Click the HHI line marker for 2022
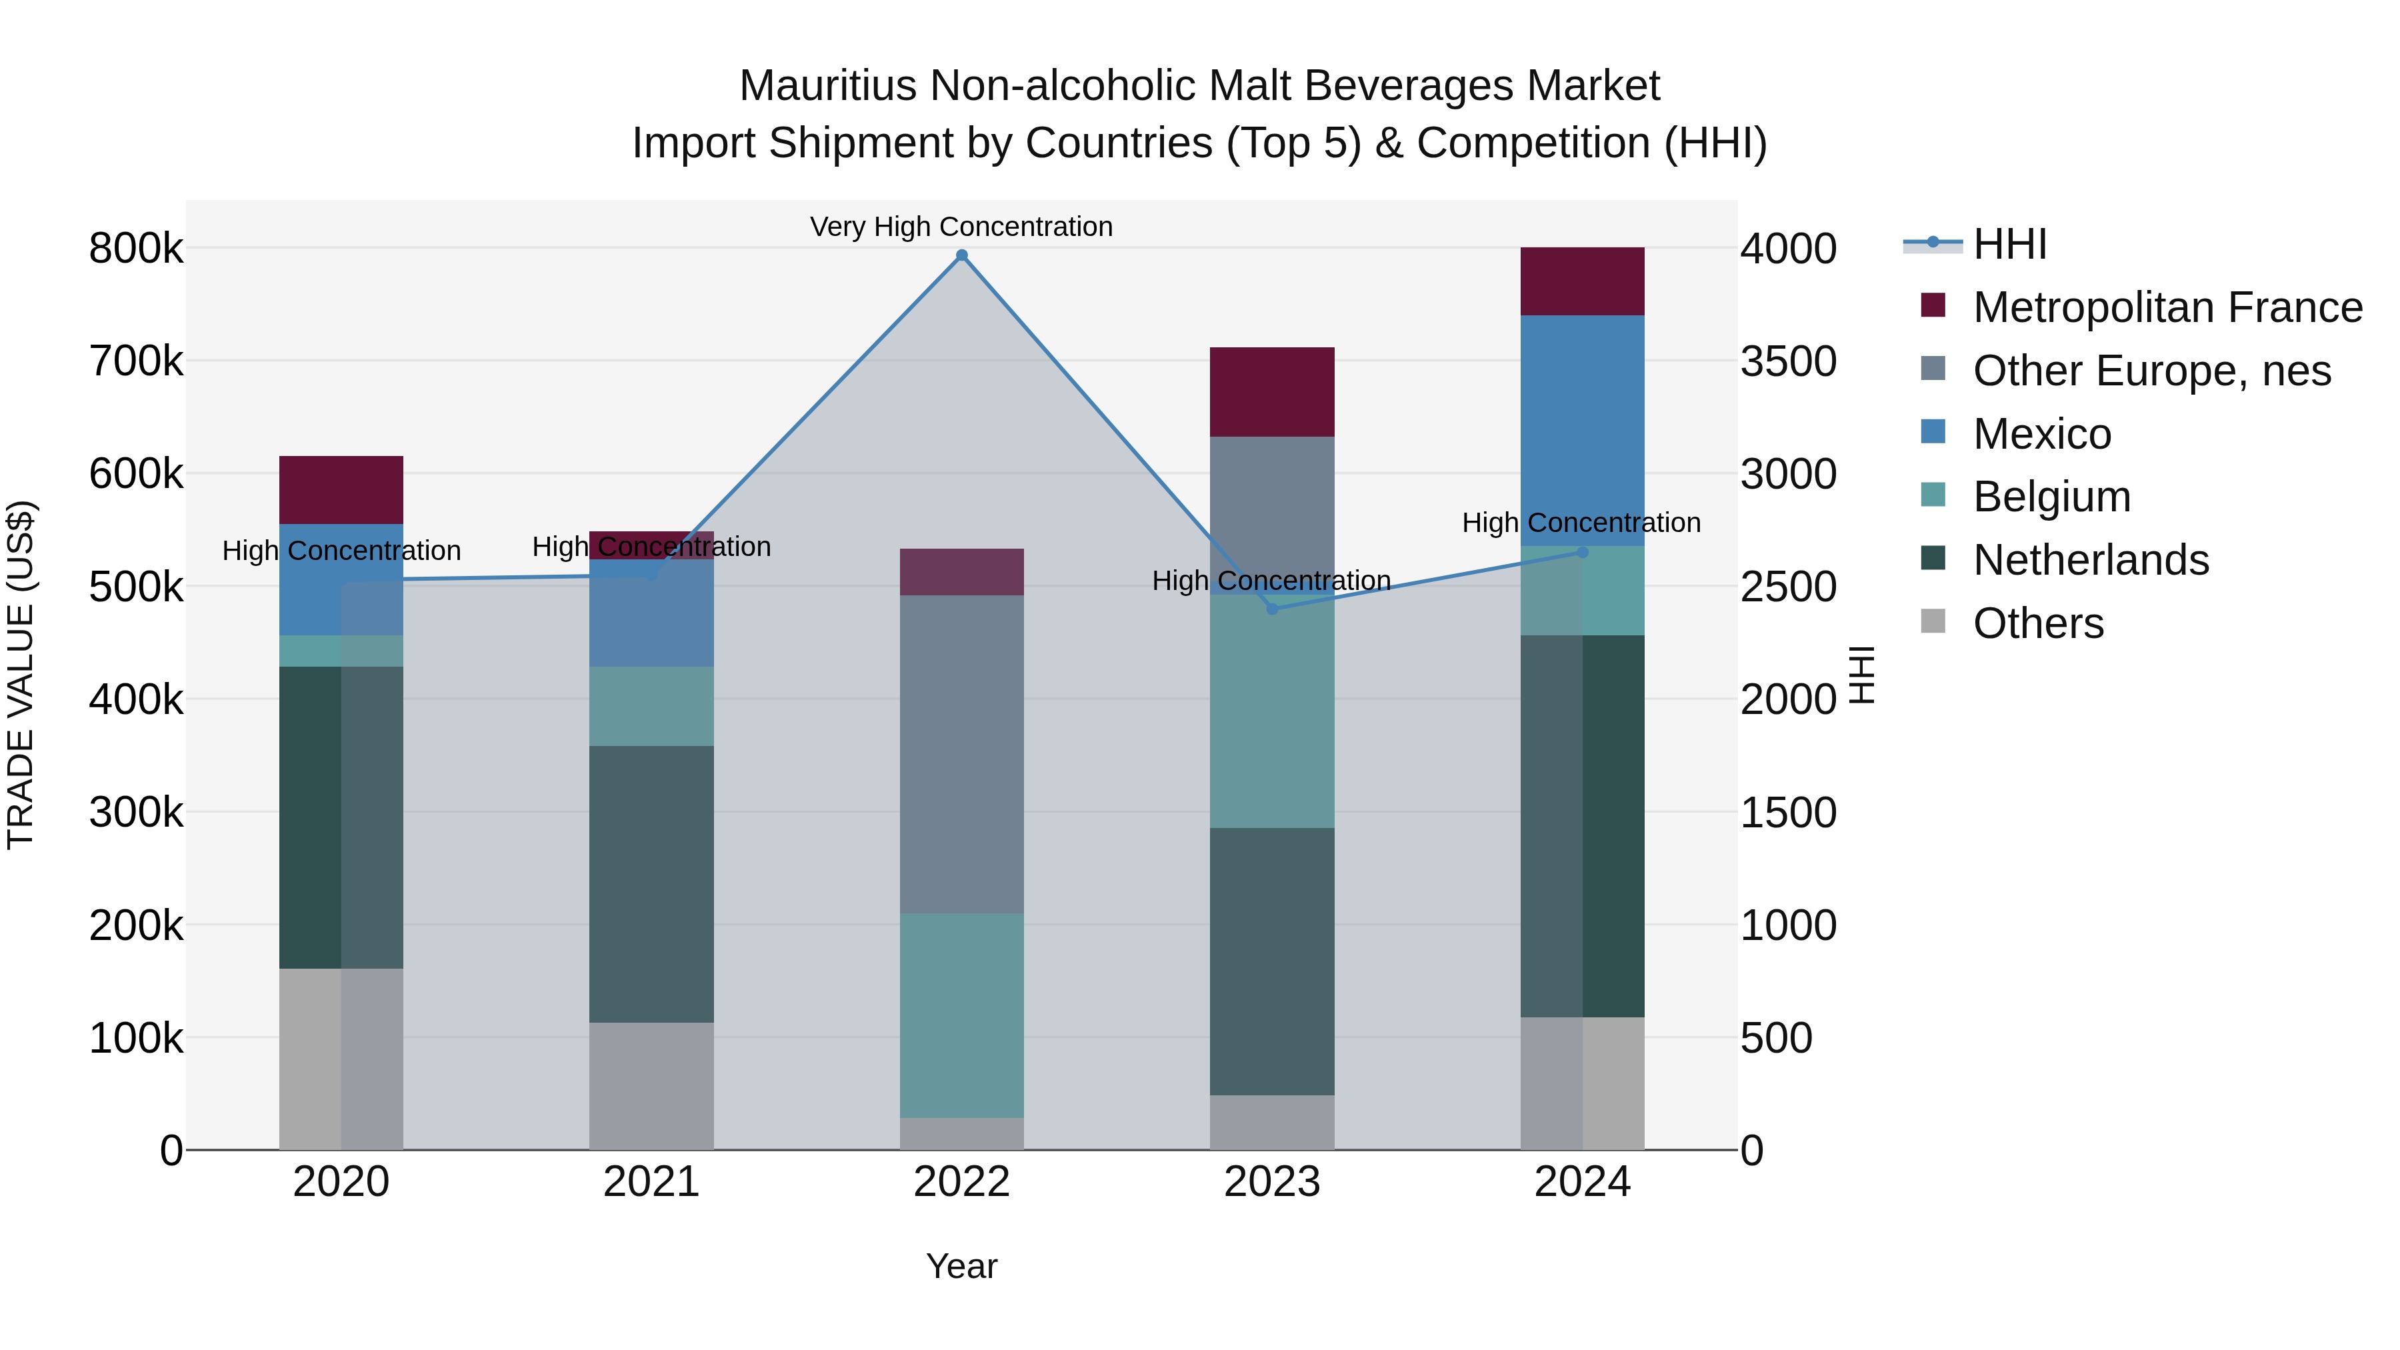pos(961,255)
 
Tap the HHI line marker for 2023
pos(1273,609)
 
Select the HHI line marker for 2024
pos(1582,553)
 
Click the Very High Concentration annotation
pos(961,227)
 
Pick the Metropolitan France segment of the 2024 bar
pos(1582,281)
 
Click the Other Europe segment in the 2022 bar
pos(961,755)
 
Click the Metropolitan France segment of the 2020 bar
pos(341,490)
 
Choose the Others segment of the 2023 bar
pos(1273,1122)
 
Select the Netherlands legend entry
pos(2091,560)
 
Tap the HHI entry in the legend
pos(2009,244)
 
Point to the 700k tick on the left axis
pos(136,361)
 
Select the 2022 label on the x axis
pos(961,1182)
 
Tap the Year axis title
pos(961,1266)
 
